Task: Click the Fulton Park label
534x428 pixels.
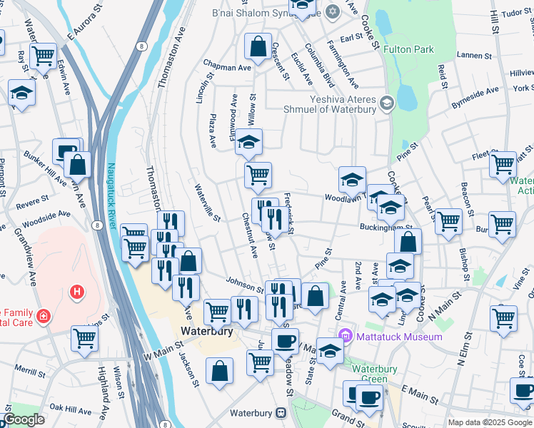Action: coord(408,50)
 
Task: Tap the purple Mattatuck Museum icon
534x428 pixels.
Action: coord(346,335)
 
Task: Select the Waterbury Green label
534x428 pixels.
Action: coord(370,373)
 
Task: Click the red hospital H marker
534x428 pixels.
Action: coord(76,292)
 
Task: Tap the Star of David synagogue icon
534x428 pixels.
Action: coord(332,11)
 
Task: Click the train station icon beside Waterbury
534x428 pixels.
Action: coord(281,414)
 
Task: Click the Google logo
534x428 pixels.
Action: coord(24,419)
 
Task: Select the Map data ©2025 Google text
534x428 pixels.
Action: coord(490,422)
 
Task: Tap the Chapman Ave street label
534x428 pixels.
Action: coord(227,66)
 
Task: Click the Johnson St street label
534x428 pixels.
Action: coord(245,284)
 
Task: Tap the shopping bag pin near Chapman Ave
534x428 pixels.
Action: coord(257,48)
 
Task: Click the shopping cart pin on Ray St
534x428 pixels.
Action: coord(44,55)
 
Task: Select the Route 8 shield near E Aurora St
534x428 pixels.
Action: coord(142,46)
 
